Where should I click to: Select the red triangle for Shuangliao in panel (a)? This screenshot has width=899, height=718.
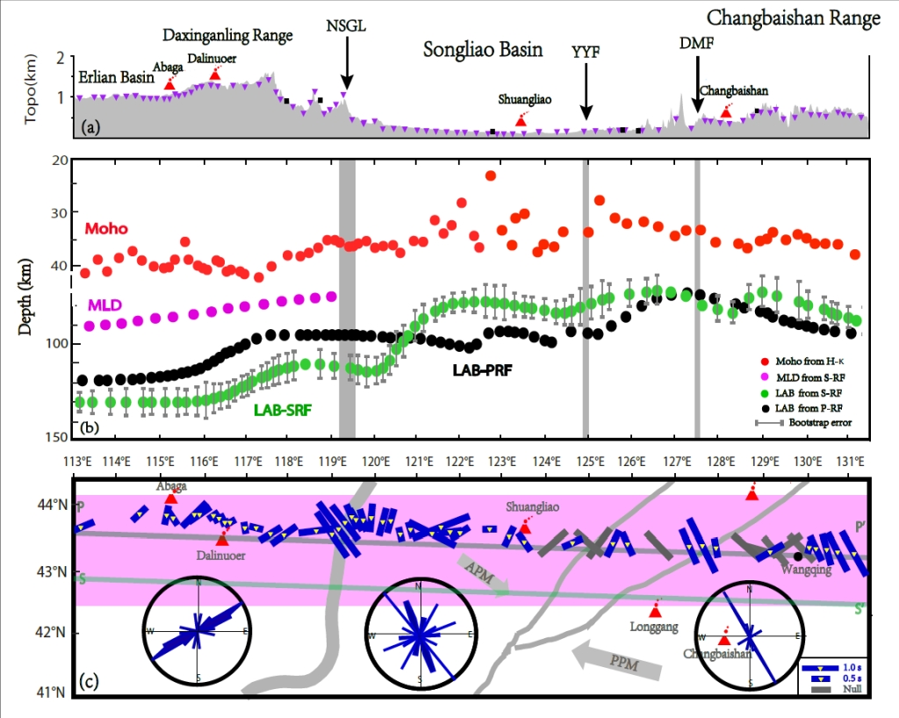521,119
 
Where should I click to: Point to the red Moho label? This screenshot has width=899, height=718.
105,229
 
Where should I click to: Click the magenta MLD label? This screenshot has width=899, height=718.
104,305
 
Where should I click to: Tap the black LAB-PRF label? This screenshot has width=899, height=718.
482,371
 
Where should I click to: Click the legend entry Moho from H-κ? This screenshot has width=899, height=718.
808,362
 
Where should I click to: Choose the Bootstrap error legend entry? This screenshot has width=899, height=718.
808,422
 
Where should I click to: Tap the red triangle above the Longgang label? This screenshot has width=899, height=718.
654,611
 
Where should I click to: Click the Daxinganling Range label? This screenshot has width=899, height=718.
227,36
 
